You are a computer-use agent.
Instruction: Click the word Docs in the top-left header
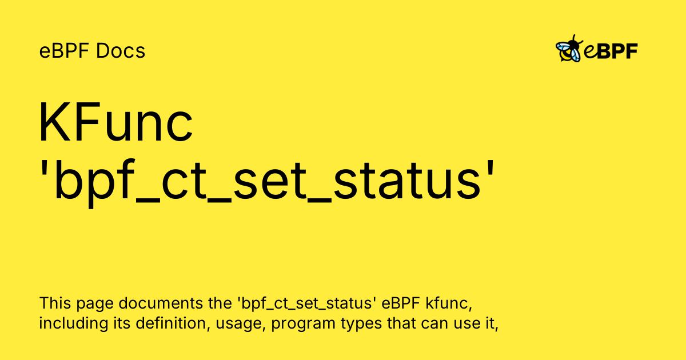[121, 50]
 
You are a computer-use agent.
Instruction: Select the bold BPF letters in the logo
[617, 51]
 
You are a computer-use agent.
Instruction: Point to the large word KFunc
[115, 122]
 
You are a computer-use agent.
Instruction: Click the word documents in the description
[161, 303]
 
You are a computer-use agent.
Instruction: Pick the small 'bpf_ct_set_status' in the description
[307, 303]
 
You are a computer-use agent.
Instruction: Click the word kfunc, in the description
[449, 303]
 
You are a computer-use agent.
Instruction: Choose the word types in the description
[361, 325]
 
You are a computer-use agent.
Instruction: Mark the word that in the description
[401, 323]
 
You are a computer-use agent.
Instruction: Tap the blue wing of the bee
[563, 47]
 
